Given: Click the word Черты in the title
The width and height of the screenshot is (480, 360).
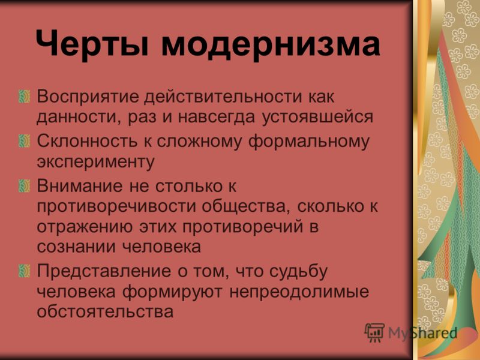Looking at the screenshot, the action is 92,43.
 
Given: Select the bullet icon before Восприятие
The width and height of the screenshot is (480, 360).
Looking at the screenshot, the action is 24,97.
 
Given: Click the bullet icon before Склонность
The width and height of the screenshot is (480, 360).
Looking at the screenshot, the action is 24,141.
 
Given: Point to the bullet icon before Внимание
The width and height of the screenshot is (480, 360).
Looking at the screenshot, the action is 24,186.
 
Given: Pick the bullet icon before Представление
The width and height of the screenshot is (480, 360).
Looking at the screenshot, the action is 24,271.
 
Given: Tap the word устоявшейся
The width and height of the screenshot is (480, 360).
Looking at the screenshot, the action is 317,117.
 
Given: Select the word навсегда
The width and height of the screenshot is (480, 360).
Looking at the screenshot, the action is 217,117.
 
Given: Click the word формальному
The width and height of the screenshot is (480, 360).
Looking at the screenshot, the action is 309,142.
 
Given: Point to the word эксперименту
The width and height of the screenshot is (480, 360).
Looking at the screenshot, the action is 96,162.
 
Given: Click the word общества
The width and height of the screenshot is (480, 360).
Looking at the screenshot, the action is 246,207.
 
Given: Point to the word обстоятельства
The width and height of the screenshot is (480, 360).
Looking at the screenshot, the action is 105,311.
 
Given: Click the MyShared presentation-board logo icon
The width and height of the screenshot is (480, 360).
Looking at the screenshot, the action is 374,332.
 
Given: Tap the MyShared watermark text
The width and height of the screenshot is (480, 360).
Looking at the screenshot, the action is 423,333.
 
